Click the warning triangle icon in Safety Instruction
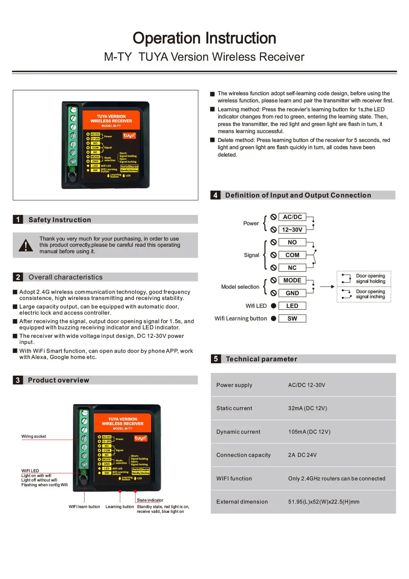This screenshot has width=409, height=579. pos(26,245)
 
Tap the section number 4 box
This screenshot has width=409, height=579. pos(215,195)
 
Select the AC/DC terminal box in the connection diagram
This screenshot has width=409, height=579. pos(292,217)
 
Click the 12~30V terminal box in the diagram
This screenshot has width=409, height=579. pos(292,230)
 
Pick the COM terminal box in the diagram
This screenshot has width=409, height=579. pos(292,255)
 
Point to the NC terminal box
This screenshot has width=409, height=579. pos(292,268)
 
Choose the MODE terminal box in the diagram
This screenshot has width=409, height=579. pos(292,280)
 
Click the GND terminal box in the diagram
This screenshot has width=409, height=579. pos(292,293)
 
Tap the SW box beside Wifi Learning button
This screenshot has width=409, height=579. pos(292,319)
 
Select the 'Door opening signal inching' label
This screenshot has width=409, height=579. pos(370,294)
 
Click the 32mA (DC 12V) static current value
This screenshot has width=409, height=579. pos(307,408)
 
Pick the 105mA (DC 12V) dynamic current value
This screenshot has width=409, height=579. pos(309,432)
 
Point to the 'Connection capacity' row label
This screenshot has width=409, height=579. pos(243,455)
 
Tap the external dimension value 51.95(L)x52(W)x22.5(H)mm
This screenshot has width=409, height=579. pos(324,502)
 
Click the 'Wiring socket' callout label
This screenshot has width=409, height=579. pos(34,436)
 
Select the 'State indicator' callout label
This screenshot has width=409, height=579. pos(150,500)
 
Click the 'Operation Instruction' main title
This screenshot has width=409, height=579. pos(204,38)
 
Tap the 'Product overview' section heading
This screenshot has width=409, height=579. pos(58,380)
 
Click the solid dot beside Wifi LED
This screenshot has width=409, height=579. pos(273,306)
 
